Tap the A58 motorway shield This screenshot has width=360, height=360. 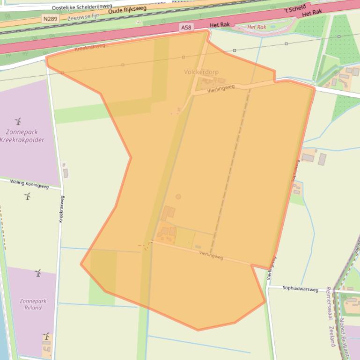[x=186, y=28]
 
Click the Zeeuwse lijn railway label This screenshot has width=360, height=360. [x=83, y=17]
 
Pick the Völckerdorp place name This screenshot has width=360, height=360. [x=201, y=72]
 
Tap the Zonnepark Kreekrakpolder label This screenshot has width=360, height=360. [x=22, y=136]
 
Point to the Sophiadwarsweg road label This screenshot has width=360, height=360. [x=300, y=289]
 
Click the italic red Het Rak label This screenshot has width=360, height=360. [x=257, y=27]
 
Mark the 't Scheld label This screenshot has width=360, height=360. [x=295, y=9]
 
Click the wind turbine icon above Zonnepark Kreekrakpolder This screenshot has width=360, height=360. [x=18, y=122]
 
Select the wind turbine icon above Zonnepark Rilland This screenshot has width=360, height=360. [x=38, y=273]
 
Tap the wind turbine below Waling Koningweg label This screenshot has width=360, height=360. [x=27, y=196]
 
